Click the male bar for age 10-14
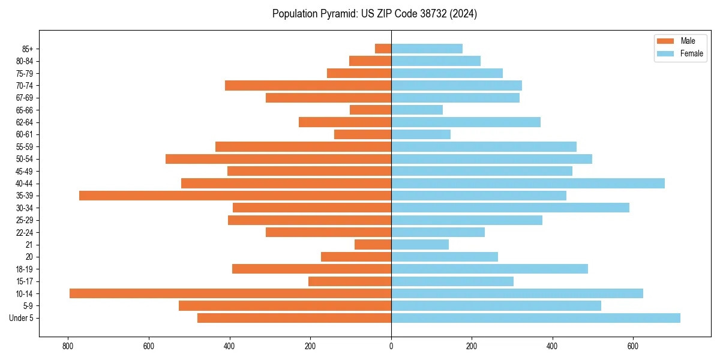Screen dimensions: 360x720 pyautogui.click(x=230, y=293)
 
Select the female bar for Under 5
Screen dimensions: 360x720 pyautogui.click(x=535, y=318)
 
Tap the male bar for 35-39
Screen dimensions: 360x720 pyautogui.click(x=235, y=196)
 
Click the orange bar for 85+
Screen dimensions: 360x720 pyautogui.click(x=383, y=49)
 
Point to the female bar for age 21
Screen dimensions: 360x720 pyautogui.click(x=420, y=244)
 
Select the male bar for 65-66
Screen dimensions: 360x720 pyautogui.click(x=370, y=110)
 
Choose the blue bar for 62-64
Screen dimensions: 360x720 pyautogui.click(x=466, y=122)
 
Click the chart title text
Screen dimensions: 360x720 pyautogui.click(x=374, y=14)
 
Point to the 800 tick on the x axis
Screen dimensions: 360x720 pyautogui.click(x=68, y=346)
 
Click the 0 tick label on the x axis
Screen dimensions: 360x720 pyautogui.click(x=391, y=346)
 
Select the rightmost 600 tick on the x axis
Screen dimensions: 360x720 pyautogui.click(x=633, y=346)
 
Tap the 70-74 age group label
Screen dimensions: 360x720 pyautogui.click(x=25, y=85)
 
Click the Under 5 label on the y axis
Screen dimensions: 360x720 pyautogui.click(x=22, y=318)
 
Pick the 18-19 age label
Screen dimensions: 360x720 pyautogui.click(x=25, y=269)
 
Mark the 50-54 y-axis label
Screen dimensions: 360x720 pyautogui.click(x=25, y=159)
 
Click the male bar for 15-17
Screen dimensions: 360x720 pyautogui.click(x=350, y=281)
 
